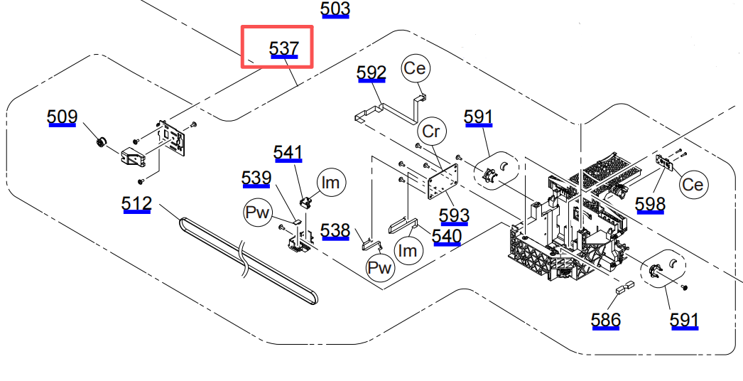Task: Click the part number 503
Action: click(335, 9)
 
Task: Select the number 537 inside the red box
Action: click(283, 48)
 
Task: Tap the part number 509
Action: click(62, 117)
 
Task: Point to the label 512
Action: click(136, 204)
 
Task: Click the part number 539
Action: click(256, 178)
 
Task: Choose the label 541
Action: click(288, 153)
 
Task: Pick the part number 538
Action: click(335, 230)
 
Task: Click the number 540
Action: click(447, 236)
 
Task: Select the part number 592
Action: click(371, 73)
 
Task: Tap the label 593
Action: click(455, 215)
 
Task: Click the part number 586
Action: click(606, 320)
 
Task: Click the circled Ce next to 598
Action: click(692, 185)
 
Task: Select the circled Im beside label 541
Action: click(330, 183)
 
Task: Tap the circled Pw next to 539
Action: click(259, 213)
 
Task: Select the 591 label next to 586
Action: click(684, 320)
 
